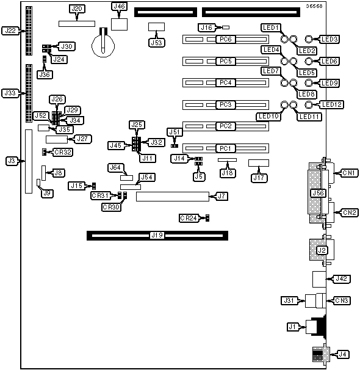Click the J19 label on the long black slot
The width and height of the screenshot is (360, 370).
coord(157,235)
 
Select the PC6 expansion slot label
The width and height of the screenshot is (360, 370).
coord(226,39)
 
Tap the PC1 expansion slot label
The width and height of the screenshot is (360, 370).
coord(226,148)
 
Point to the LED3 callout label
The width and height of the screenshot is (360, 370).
coord(329,39)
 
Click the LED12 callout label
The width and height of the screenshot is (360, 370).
coord(331,104)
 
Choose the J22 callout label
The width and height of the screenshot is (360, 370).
coord(10,31)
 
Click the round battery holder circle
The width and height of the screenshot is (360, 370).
coord(103,45)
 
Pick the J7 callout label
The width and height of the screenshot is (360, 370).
coord(221,196)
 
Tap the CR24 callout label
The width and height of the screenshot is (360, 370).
coord(189,218)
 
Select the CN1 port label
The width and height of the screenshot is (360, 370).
coord(348,173)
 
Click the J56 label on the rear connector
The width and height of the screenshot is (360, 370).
coord(319,193)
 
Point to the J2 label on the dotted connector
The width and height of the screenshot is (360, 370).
coord(322,250)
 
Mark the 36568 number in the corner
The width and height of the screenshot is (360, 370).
coord(314,6)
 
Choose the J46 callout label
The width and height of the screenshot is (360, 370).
coord(120,6)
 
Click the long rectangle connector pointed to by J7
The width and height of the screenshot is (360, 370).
coord(173,197)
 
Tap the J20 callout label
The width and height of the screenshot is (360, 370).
coord(77,9)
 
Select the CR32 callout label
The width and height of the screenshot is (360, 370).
coord(63,152)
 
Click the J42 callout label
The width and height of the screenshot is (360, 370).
coord(341,278)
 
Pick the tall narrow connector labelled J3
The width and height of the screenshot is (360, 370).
coord(29,161)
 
